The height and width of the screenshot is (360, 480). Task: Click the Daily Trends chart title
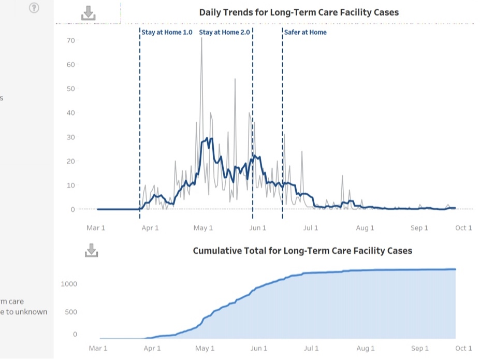(299, 12)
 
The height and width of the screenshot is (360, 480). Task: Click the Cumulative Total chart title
(302, 251)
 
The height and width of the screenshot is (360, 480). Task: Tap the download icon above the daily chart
(89, 13)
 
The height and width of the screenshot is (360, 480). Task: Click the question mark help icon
(34, 8)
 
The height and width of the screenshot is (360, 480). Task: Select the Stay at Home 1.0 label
(167, 32)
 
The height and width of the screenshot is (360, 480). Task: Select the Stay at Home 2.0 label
(224, 32)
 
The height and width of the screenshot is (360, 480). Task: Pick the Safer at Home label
(306, 32)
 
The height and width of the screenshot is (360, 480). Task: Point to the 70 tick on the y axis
(70, 40)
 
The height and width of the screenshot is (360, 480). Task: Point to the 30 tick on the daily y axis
(70, 137)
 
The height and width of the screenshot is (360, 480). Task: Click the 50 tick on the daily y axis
(70, 89)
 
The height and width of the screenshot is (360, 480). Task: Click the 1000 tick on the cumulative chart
(68, 284)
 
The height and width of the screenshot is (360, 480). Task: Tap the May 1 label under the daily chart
(203, 228)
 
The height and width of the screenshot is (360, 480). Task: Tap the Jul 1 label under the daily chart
(311, 228)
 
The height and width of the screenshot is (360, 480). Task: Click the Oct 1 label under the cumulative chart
(463, 349)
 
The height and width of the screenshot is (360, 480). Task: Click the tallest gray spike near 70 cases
(201, 39)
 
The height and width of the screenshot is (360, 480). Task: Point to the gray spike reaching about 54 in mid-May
(235, 80)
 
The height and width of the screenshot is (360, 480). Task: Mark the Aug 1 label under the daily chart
(365, 228)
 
